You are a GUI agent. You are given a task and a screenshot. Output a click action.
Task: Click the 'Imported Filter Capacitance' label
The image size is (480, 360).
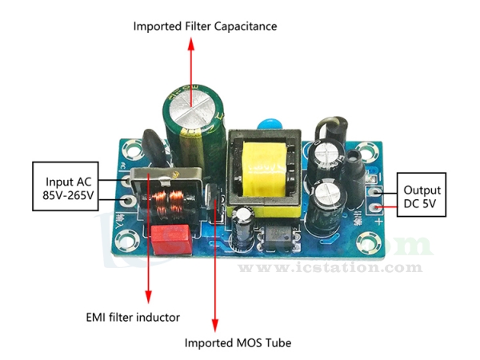point(206,26)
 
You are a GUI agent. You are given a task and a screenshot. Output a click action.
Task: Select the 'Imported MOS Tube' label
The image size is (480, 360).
point(238,343)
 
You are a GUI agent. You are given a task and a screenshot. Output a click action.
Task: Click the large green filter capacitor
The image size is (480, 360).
point(190,120)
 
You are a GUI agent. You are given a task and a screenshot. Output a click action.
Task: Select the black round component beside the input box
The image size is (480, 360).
point(152,148)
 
